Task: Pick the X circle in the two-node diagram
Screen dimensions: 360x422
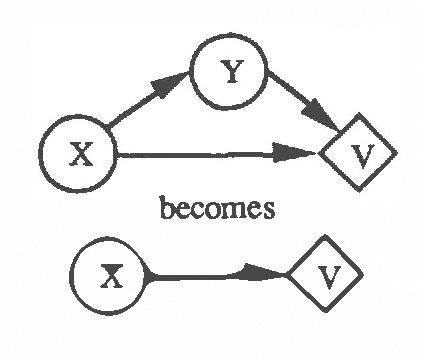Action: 111,275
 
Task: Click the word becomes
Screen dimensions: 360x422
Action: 217,211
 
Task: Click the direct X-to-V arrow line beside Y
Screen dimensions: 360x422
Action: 200,154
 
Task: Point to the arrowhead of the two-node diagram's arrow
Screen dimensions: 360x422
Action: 272,275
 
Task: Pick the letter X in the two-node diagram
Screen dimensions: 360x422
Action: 112,276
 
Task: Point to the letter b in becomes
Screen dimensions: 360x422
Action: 167,209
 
